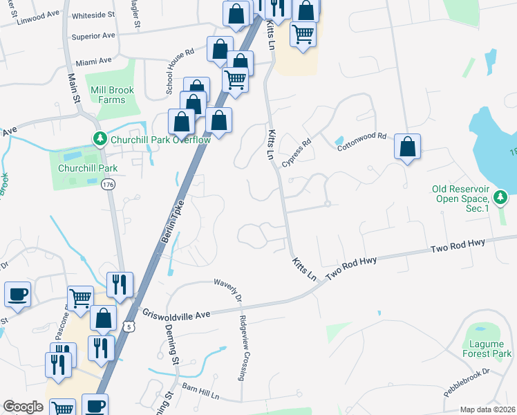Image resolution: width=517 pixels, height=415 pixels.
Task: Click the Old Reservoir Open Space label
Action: tap(470, 193)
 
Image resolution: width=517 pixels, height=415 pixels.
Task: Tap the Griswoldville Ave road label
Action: tap(176, 313)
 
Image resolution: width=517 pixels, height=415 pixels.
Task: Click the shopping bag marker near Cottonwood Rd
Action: tap(408, 147)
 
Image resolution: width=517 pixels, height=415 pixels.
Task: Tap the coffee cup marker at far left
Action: tap(17, 295)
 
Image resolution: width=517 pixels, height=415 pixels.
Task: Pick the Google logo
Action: tap(23, 407)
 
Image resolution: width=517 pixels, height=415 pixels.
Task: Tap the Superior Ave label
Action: tap(93, 35)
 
